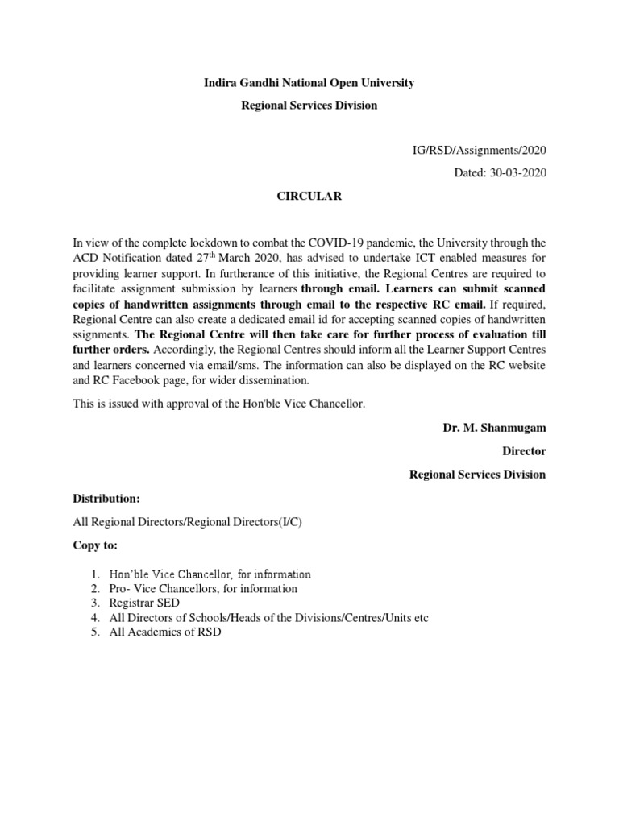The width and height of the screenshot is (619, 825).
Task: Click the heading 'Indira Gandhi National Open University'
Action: (309, 83)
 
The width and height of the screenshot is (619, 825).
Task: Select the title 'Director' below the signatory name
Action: (524, 451)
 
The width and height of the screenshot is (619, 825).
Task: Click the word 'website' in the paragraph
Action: (527, 365)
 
